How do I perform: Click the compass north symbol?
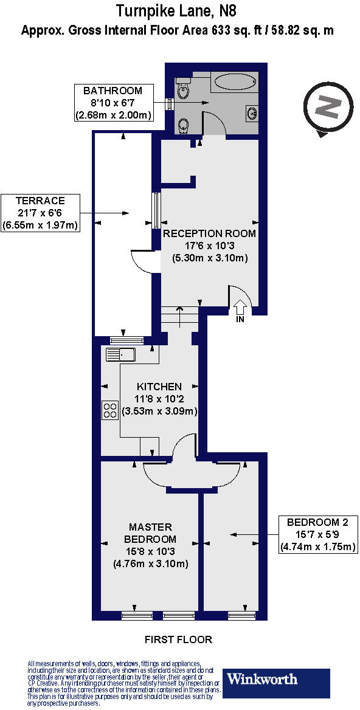pyautogui.click(x=329, y=108)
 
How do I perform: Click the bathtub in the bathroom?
pyautogui.click(x=235, y=82)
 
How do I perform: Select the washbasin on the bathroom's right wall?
pyautogui.click(x=252, y=112)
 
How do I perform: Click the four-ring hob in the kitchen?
pyautogui.click(x=110, y=410)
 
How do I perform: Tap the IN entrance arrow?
pyautogui.click(x=240, y=307)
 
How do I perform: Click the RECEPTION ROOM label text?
pyautogui.click(x=209, y=233)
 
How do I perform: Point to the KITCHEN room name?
pyautogui.click(x=159, y=387)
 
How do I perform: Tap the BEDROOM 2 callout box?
pyautogui.click(x=317, y=534)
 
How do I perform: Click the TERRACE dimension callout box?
pyautogui.click(x=41, y=213)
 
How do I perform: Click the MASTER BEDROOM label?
pyautogui.click(x=151, y=533)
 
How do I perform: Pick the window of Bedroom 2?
pyautogui.click(x=238, y=615)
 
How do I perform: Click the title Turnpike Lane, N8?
pyautogui.click(x=176, y=10)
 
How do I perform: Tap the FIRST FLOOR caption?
pyautogui.click(x=178, y=639)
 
